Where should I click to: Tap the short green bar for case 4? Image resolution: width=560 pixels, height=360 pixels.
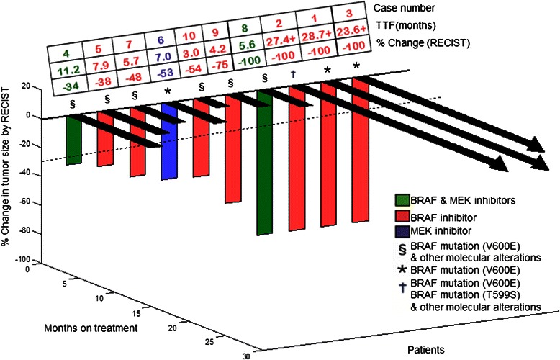73,140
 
